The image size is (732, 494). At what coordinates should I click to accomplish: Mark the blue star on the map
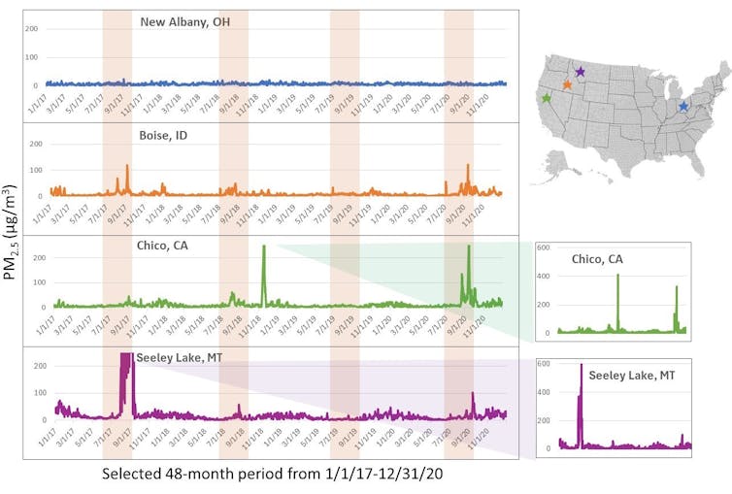(683, 107)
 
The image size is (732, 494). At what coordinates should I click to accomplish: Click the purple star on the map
(580, 71)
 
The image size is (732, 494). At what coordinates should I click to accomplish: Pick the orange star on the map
(567, 84)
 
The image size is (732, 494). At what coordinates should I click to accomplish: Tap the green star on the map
(546, 98)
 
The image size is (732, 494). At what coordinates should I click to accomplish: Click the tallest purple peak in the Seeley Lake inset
(581, 367)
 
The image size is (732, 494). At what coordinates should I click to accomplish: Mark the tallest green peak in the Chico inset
(617, 277)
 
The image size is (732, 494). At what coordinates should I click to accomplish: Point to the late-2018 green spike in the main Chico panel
(264, 248)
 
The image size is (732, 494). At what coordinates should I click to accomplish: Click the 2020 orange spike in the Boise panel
(468, 167)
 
